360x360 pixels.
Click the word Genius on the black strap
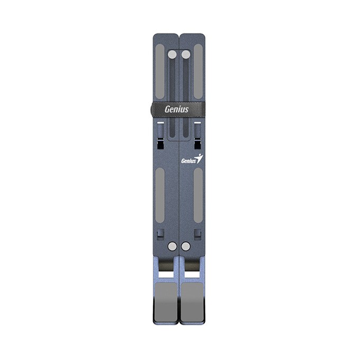176,110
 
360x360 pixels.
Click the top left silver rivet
172,54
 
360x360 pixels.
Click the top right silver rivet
185,54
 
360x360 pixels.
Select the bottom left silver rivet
172,246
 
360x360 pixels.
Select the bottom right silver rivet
185,246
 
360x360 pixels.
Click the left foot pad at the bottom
166,299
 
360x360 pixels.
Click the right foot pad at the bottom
192,299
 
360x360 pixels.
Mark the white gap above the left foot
166,274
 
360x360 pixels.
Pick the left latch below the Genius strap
160,135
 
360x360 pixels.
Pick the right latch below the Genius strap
197,135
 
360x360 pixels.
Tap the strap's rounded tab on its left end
152,110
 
